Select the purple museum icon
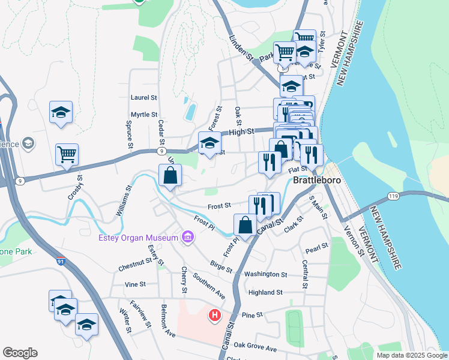(187, 238)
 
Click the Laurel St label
(143, 97)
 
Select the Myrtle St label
(144, 115)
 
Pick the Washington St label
(266, 274)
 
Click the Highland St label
(265, 292)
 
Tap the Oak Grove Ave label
(255, 347)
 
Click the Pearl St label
(316, 246)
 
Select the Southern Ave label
(209, 287)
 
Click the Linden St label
(241, 47)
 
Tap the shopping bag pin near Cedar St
(170, 176)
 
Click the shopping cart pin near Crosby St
(67, 154)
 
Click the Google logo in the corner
(20, 353)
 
